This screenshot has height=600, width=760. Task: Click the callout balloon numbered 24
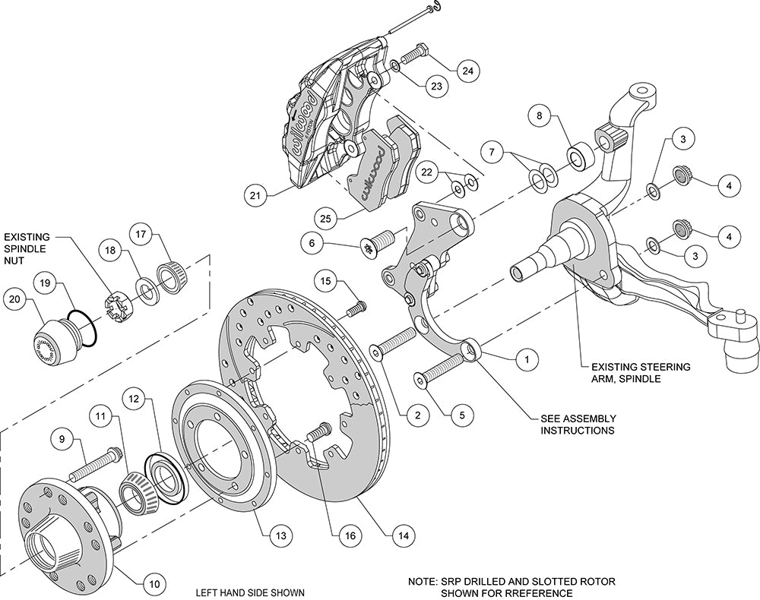click(467, 71)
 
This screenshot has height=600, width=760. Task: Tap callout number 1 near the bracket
click(524, 355)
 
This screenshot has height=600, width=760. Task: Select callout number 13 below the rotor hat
click(281, 536)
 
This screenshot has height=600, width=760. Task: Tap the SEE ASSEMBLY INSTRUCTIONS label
click(578, 424)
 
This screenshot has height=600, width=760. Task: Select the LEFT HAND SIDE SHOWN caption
click(250, 592)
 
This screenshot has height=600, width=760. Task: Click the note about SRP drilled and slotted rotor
click(510, 586)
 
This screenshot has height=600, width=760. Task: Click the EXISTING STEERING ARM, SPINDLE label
click(635, 372)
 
